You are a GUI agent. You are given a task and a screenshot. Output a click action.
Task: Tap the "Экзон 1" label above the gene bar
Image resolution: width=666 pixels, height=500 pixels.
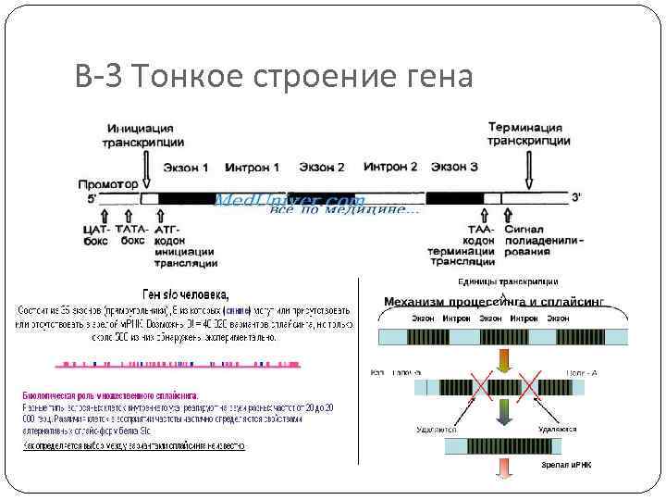pos(186,168)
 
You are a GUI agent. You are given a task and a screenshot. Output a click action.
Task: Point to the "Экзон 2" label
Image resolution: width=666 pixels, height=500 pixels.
pos(321,168)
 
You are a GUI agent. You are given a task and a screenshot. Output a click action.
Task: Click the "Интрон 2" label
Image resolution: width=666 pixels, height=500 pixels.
pos(390,168)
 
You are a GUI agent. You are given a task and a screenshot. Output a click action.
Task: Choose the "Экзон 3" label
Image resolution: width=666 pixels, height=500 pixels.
pos(455,168)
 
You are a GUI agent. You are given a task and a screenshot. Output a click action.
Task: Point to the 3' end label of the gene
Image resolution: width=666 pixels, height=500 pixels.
pos(576,197)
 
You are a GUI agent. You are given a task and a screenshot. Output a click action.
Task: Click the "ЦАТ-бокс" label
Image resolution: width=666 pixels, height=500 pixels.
pos(96,234)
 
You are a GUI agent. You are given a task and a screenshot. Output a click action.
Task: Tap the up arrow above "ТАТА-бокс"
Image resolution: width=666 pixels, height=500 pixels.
pos(130,214)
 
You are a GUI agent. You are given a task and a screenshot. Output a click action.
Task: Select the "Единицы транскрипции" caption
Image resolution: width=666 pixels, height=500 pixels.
pos(508,281)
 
